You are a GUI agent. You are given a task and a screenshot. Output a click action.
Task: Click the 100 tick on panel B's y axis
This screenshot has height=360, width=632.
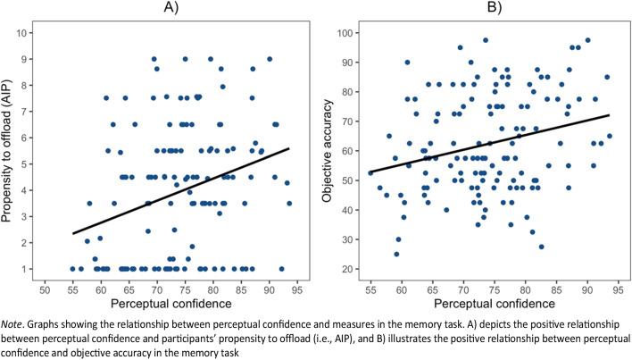[347, 33]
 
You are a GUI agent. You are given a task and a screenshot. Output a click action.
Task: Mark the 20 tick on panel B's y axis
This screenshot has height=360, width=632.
[350, 269]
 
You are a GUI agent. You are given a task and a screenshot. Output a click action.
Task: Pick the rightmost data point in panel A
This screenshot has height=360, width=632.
[289, 204]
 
